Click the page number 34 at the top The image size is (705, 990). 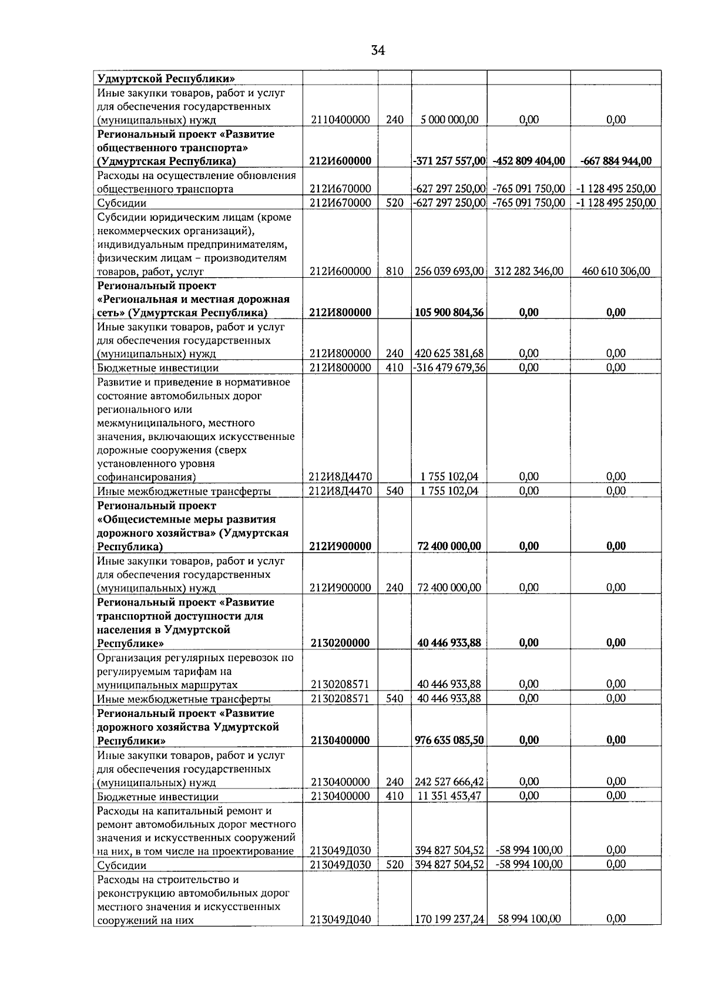point(378,50)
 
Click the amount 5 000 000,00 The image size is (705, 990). point(449,120)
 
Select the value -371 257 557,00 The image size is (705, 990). point(449,161)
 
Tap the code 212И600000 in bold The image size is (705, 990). point(340,161)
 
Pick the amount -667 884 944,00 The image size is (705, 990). point(616,161)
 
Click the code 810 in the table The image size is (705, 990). point(395,271)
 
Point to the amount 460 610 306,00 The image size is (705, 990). point(616,271)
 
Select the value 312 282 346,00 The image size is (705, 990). point(529,271)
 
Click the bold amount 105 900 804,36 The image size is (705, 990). point(449,312)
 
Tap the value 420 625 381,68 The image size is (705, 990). point(449,353)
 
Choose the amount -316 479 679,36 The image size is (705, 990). point(449,368)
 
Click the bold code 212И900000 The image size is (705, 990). point(340,546)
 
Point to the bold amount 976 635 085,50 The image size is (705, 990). point(449,740)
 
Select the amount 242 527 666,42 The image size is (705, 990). point(449,782)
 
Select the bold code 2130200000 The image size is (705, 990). point(340,643)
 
